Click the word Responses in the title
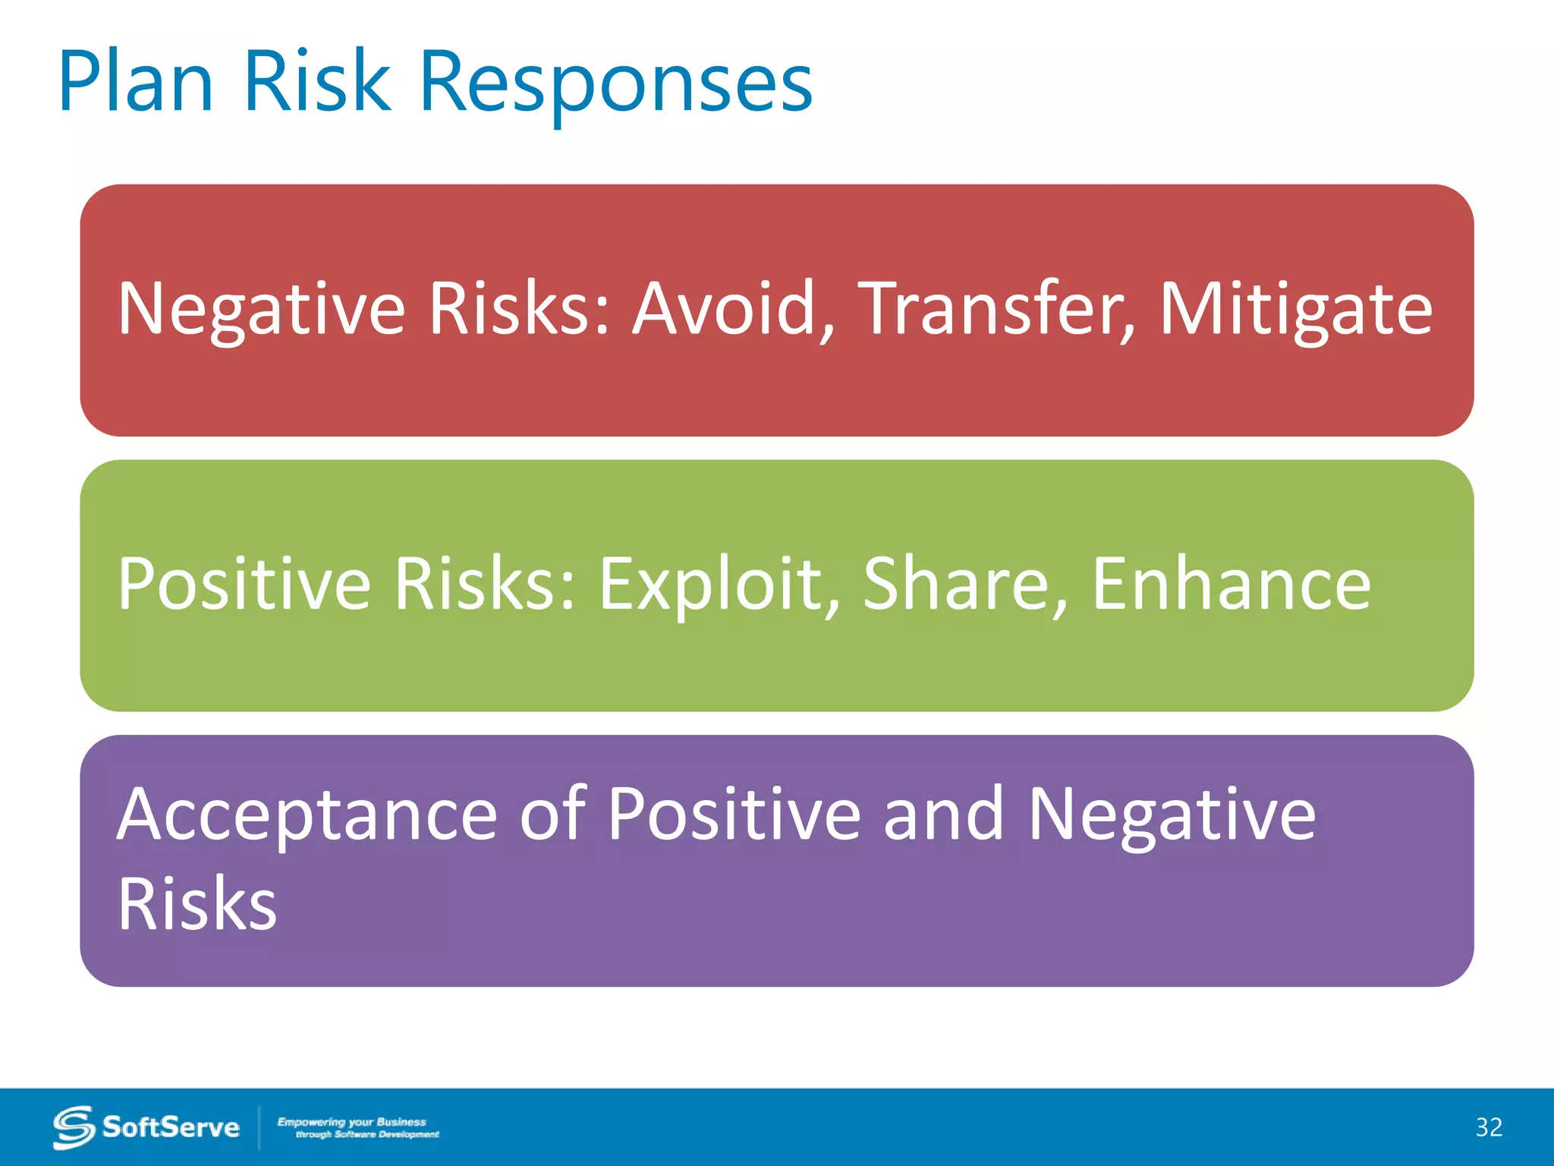615,82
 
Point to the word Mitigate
1296,310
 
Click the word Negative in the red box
262,310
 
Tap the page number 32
1489,1127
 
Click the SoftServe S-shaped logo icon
73,1127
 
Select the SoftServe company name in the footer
171,1127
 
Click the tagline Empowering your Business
352,1122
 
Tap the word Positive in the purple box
734,814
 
